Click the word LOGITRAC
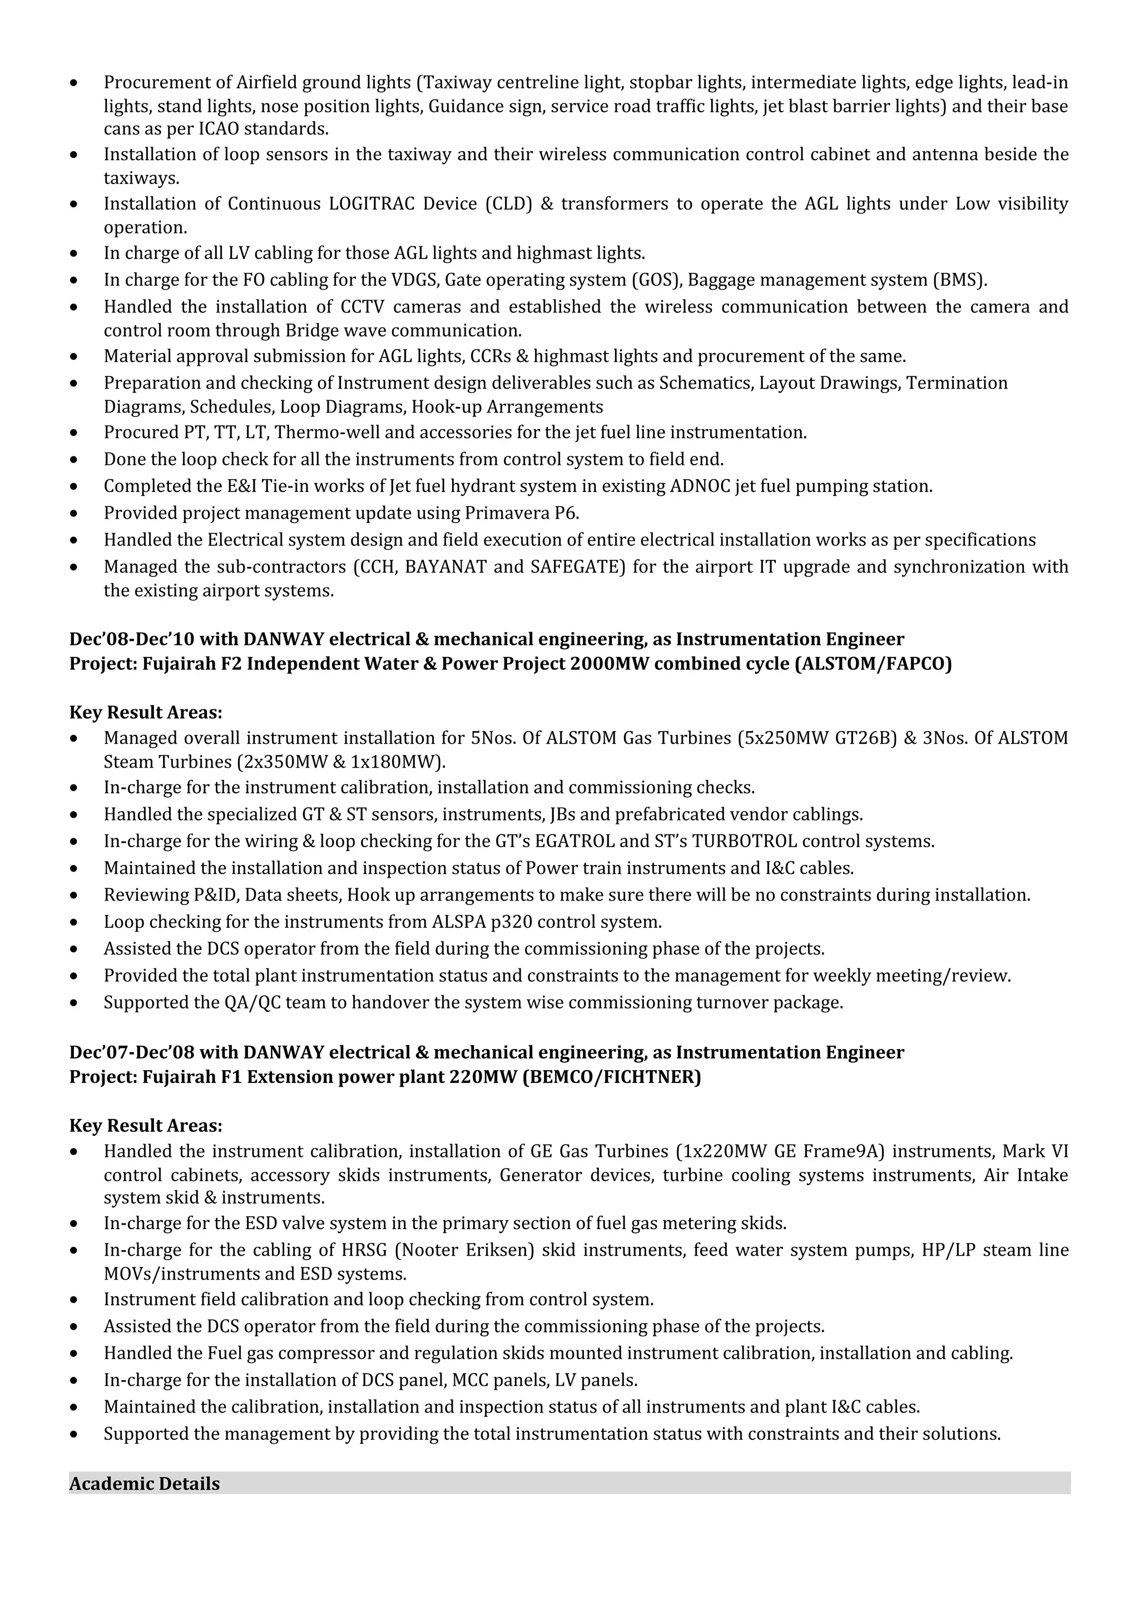[375, 204]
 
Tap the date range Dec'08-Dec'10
[132, 639]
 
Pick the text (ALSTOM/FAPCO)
[873, 664]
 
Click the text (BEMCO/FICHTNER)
[612, 1077]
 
